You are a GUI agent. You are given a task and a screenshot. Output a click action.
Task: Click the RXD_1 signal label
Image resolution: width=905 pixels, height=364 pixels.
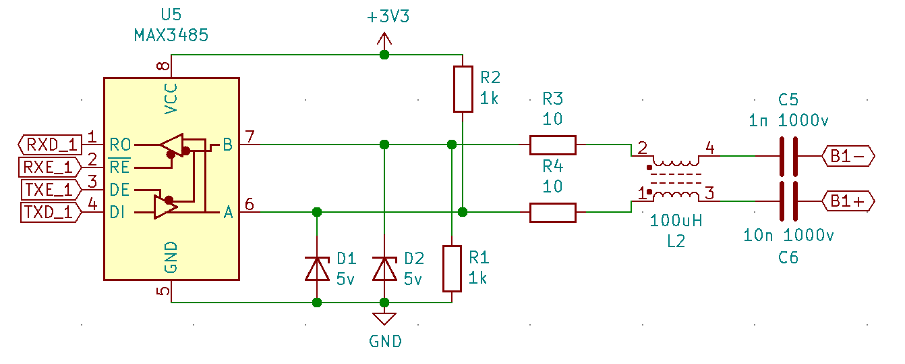coord(51,144)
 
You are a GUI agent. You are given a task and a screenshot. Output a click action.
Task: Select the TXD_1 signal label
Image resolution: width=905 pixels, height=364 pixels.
coord(49,212)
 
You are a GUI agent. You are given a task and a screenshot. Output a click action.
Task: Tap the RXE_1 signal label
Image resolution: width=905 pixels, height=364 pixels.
coord(49,167)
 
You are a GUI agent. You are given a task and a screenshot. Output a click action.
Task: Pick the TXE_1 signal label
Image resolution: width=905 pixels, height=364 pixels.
coord(49,190)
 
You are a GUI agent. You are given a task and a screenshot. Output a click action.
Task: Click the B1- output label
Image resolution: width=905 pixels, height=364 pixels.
coord(848,156)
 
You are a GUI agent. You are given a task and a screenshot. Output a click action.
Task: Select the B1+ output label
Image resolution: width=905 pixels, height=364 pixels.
coord(848,201)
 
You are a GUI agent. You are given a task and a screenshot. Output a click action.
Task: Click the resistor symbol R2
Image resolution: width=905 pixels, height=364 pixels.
coord(463,88)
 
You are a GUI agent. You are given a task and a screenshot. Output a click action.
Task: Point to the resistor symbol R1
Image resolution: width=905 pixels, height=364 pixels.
coord(452,268)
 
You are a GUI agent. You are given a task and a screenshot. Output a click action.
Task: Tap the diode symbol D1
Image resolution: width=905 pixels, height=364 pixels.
coord(317,268)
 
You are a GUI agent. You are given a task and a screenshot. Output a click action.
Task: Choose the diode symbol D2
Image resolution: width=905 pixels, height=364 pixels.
coord(384,268)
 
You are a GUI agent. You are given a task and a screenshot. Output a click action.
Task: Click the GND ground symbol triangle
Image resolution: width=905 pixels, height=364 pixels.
coord(384,318)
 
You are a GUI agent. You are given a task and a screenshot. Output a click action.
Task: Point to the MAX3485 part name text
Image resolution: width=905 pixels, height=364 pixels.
coord(171,35)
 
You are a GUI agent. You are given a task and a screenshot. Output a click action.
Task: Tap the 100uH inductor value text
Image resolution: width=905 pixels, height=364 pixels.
coord(676,221)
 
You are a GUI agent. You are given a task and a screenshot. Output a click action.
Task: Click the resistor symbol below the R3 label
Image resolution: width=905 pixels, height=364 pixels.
coord(552,145)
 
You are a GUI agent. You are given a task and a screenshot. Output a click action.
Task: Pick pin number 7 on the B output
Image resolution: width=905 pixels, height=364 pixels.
coord(250,137)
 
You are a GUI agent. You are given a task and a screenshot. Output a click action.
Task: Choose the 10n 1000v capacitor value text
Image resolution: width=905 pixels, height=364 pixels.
coord(788,236)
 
